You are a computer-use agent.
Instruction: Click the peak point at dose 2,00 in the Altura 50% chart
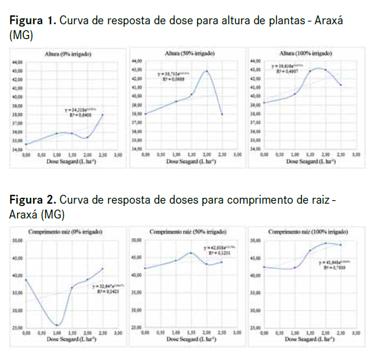pos(207,71)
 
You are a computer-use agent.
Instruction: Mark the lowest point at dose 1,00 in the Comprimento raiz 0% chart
pos(57,325)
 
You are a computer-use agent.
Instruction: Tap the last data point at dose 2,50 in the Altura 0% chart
pos(102,114)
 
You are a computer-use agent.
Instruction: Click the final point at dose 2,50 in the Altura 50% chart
pos(221,114)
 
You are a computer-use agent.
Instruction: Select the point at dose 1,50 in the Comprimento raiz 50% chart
pos(191,253)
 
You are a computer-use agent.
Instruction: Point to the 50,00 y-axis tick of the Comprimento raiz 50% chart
pos(136,240)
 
